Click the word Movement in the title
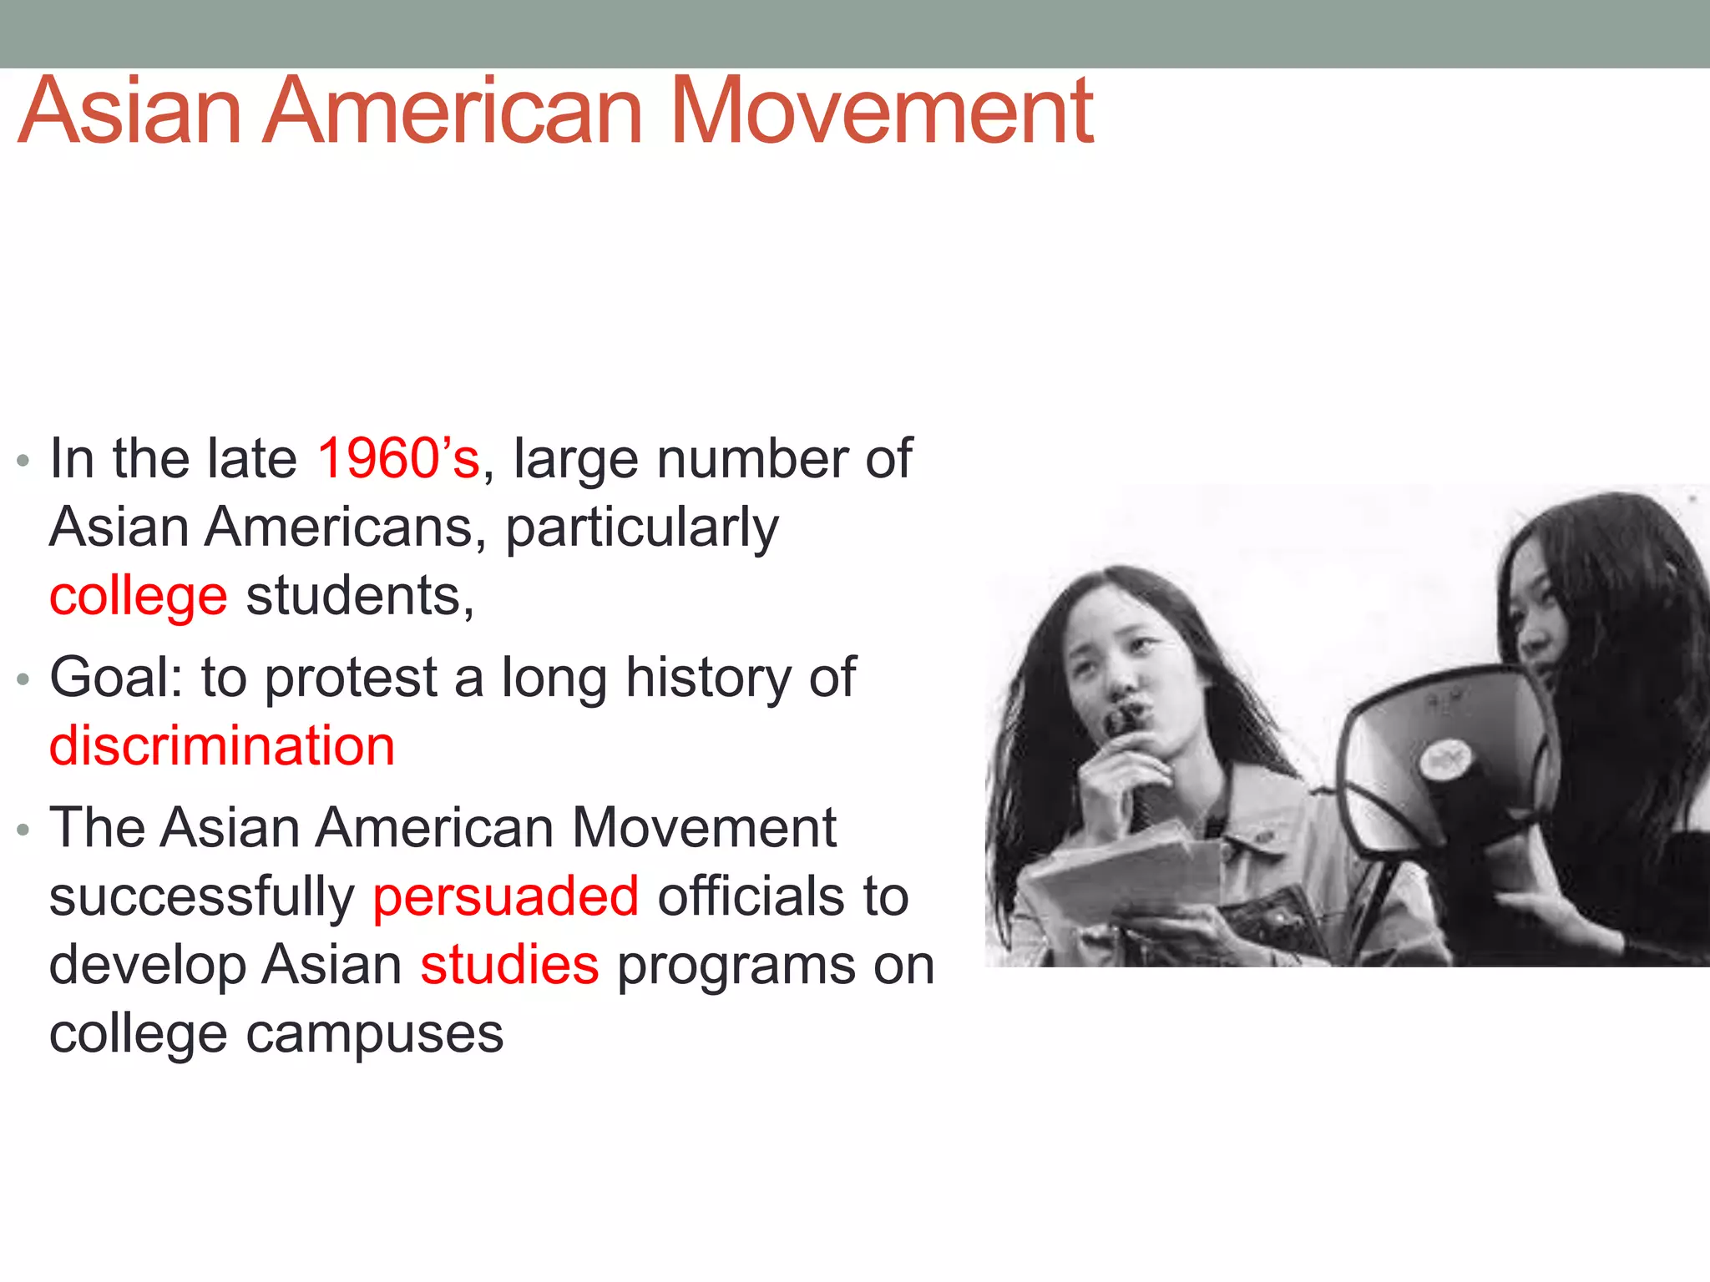881,111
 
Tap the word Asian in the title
129,111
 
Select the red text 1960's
398,458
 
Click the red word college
138,597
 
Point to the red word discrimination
221,745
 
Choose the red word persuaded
506,896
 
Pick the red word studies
509,965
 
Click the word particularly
642,529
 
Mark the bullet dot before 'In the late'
23,461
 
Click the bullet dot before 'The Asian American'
23,830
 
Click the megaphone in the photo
1444,760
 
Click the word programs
735,967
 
